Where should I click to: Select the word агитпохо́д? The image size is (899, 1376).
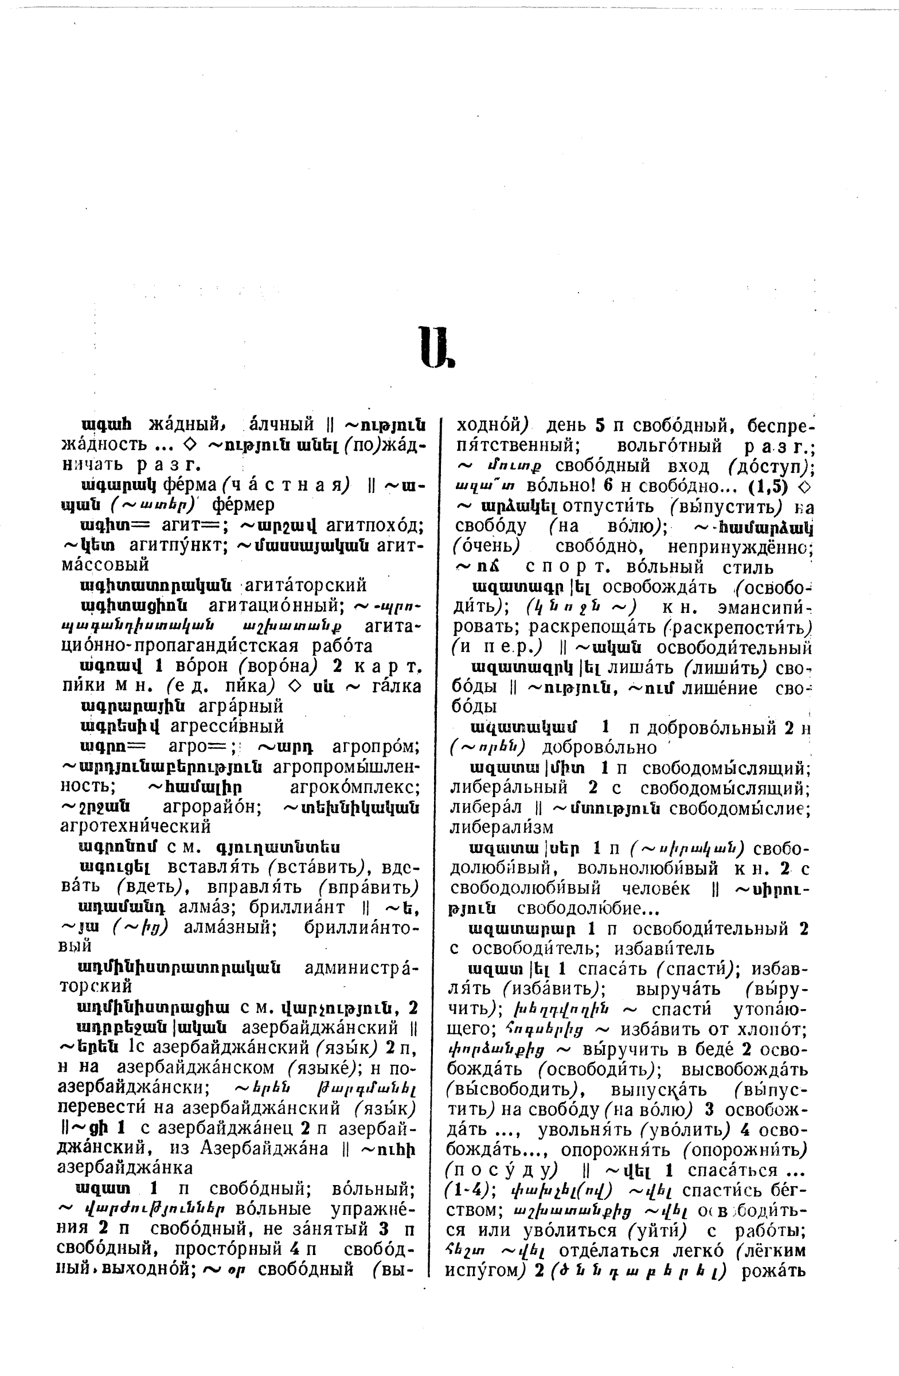tap(374, 526)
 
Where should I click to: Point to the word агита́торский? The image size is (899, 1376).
tap(306, 585)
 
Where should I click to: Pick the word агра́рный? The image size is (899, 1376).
tap(240, 706)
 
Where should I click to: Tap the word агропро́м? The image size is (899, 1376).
tap(376, 746)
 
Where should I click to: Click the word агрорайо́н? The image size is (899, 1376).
tap(212, 807)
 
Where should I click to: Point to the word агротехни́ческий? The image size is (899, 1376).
tap(135, 826)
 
